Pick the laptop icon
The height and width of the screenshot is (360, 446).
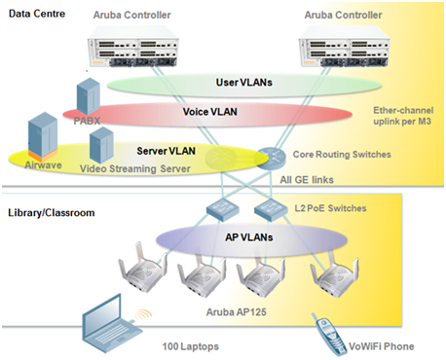101,322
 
